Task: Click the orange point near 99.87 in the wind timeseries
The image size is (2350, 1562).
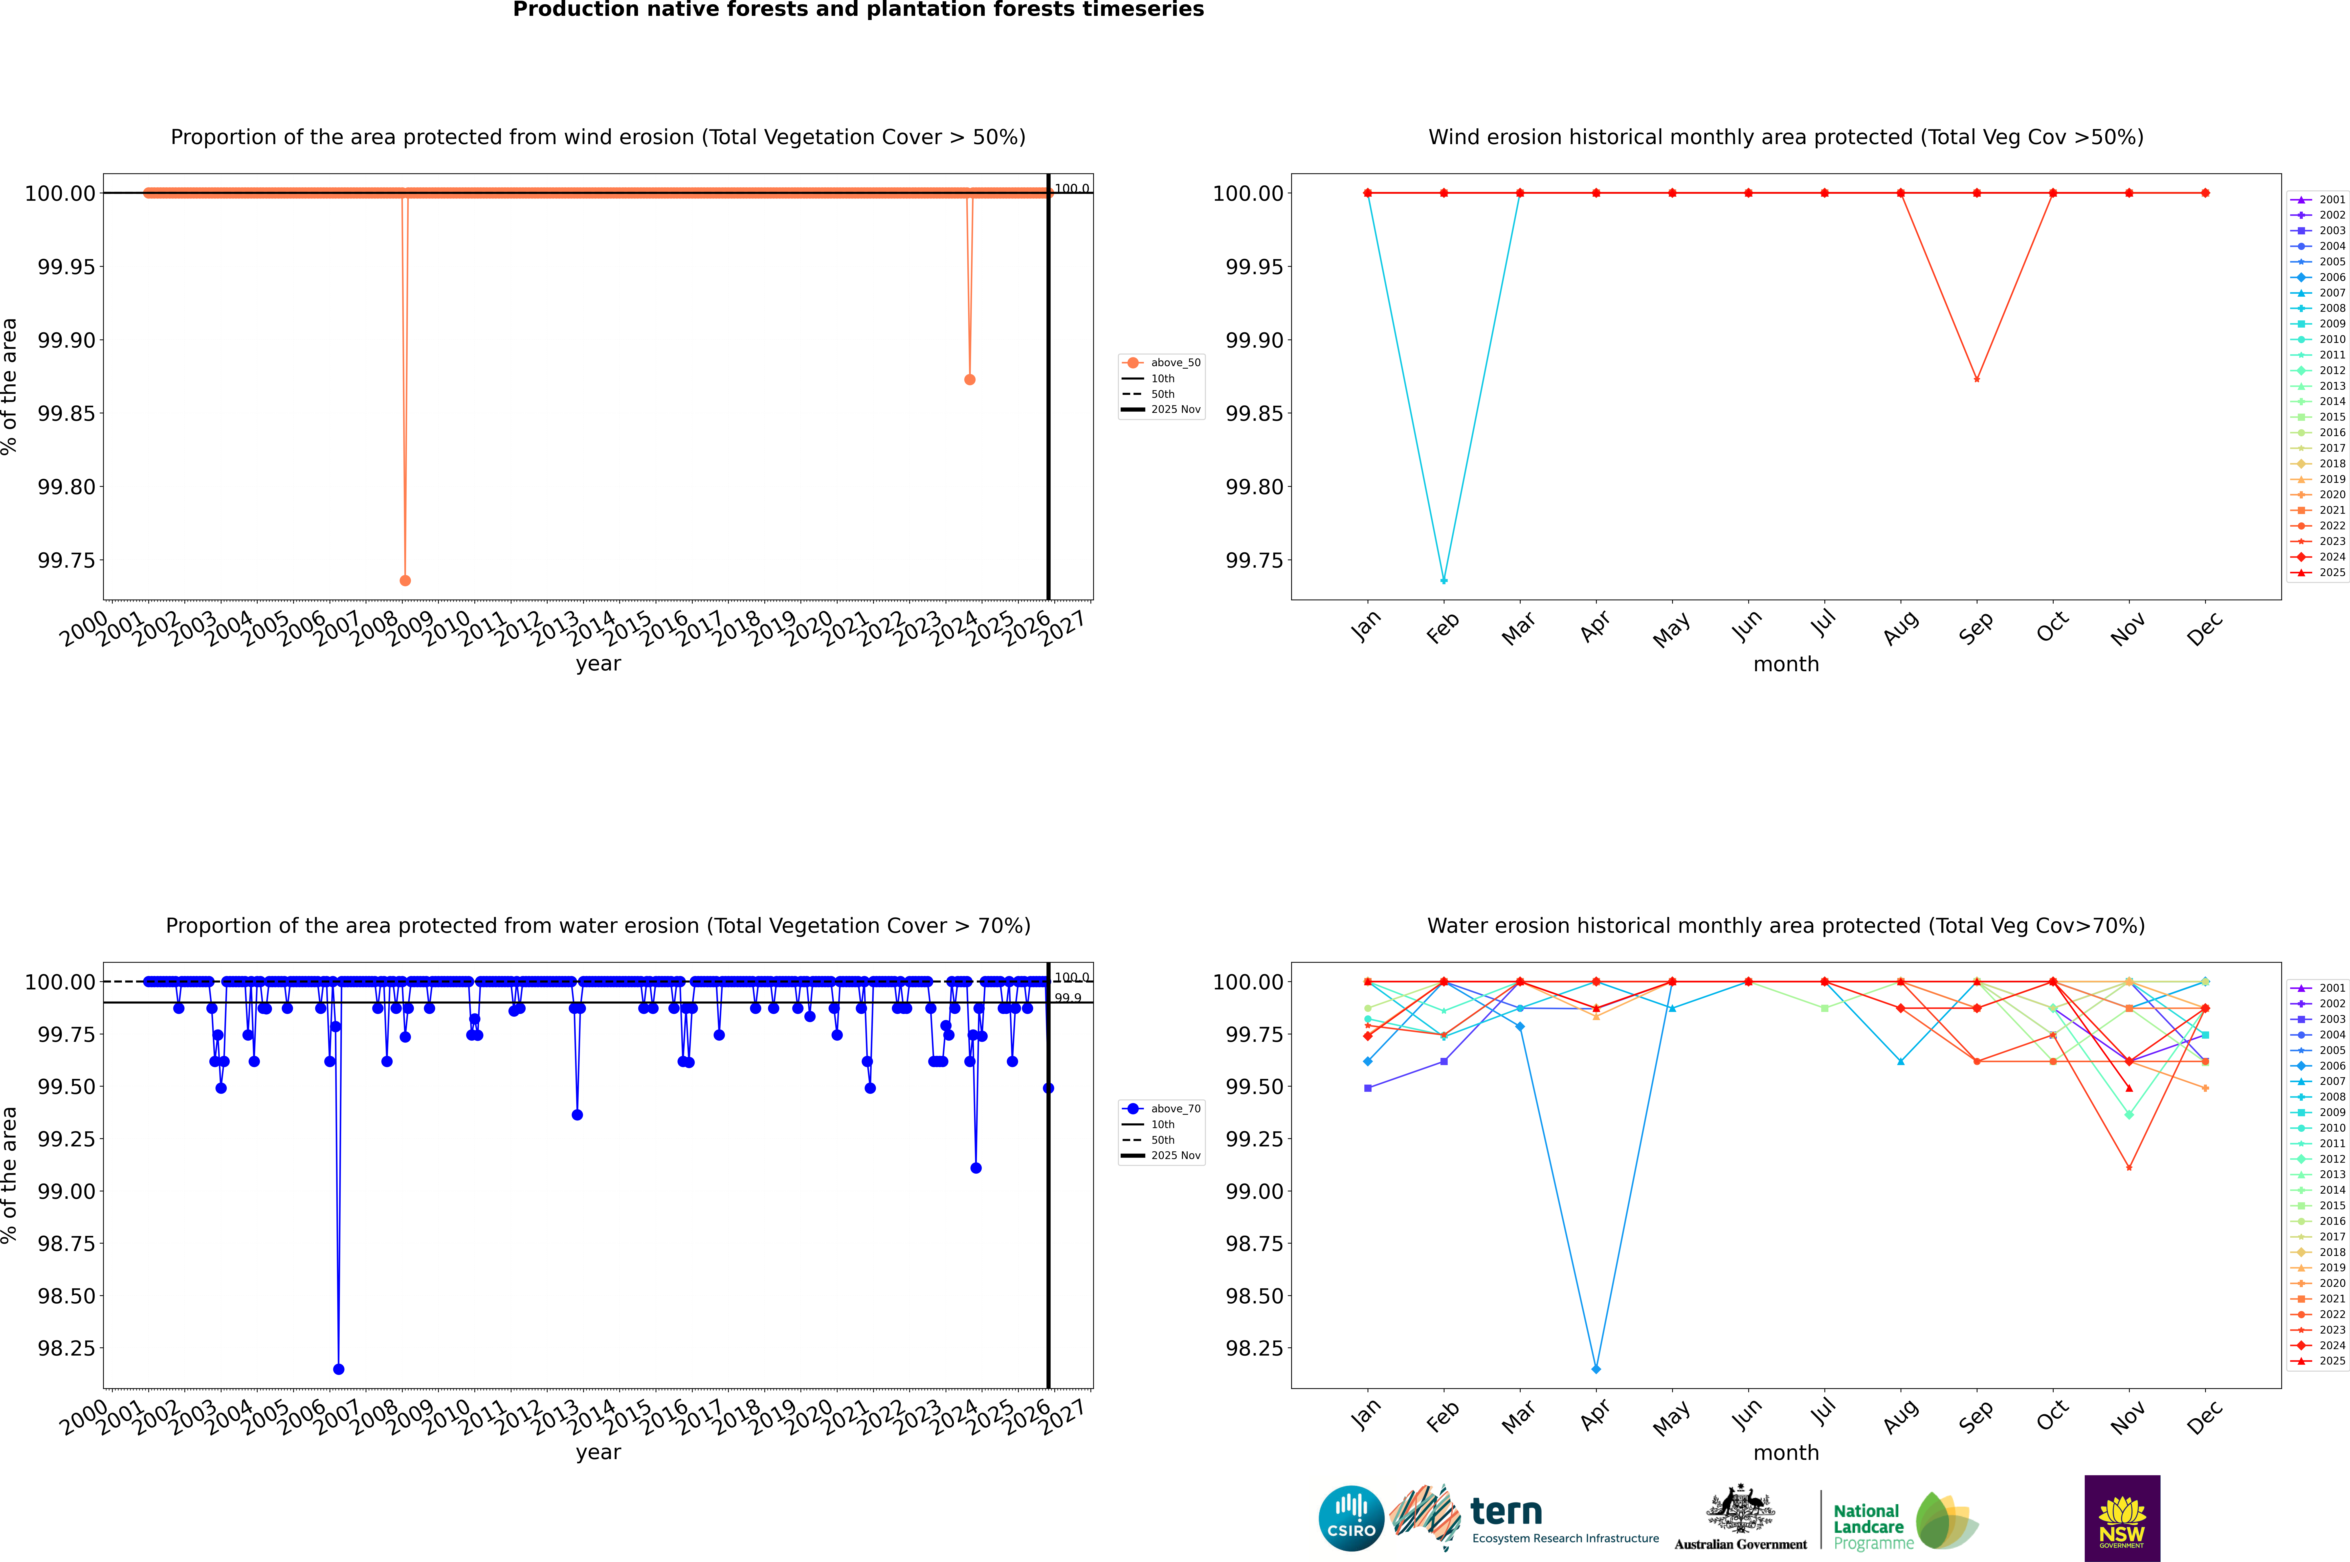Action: tap(969, 379)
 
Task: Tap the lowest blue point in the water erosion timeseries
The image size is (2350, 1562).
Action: tap(339, 1369)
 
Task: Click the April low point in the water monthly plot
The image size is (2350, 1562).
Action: tap(1596, 1369)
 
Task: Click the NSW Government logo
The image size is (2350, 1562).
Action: tap(2122, 1518)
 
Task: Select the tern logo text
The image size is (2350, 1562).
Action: tap(1506, 1512)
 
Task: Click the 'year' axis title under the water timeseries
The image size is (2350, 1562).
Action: tap(598, 1452)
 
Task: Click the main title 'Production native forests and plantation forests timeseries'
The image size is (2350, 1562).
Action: tap(858, 10)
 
